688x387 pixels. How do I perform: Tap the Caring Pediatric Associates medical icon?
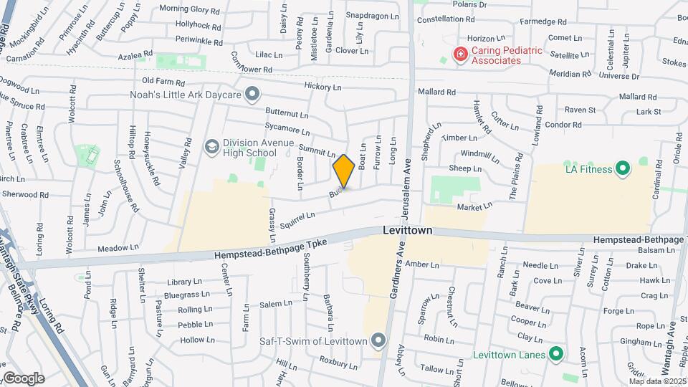pyautogui.click(x=460, y=53)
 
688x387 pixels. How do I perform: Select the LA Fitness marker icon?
pyautogui.click(x=622, y=169)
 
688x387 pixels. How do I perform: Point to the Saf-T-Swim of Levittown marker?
pyautogui.click(x=379, y=340)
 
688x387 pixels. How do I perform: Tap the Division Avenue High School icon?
pyautogui.click(x=211, y=146)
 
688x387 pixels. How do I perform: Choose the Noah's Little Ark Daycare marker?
pyautogui.click(x=251, y=94)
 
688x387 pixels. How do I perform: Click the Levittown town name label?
pyautogui.click(x=407, y=231)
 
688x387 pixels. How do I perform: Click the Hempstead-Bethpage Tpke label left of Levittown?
pyautogui.click(x=270, y=249)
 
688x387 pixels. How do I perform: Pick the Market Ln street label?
pyautogui.click(x=475, y=206)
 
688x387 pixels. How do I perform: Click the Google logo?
pyautogui.click(x=23, y=378)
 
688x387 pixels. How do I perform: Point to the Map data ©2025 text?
pyautogui.click(x=658, y=381)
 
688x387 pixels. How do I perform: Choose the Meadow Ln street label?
pyautogui.click(x=118, y=247)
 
